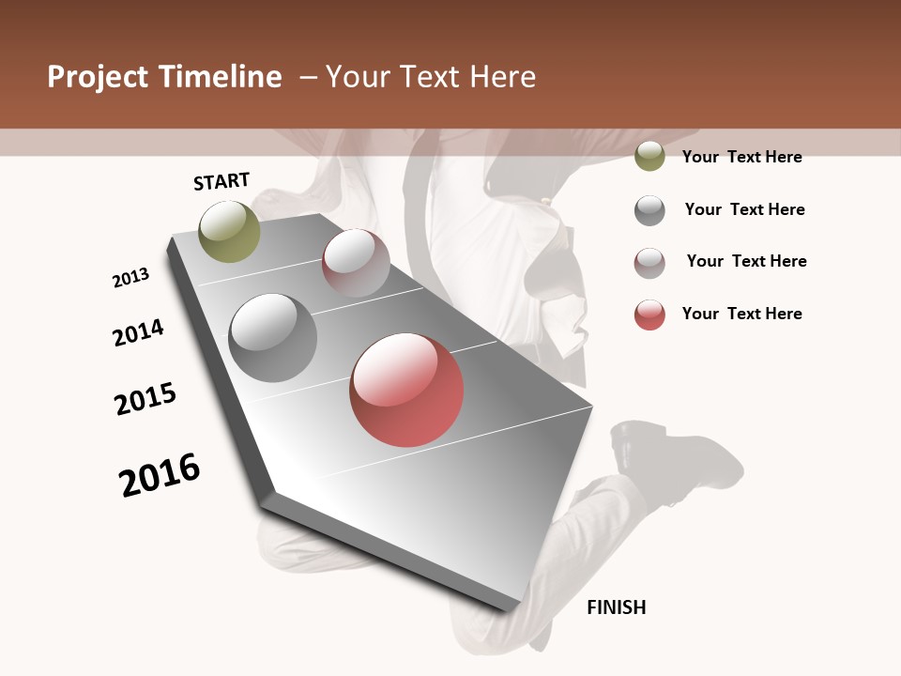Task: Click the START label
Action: click(221, 181)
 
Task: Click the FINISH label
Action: click(616, 607)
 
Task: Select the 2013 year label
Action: click(130, 278)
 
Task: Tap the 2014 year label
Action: click(138, 333)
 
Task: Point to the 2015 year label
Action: click(145, 399)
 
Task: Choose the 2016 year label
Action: click(160, 475)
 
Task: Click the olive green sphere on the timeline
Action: click(229, 231)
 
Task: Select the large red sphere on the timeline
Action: click(406, 390)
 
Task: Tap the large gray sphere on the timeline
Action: click(272, 338)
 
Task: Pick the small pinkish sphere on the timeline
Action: click(356, 263)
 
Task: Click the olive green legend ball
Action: click(649, 157)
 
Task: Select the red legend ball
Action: click(649, 315)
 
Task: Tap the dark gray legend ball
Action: click(649, 210)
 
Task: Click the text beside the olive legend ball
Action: click(741, 157)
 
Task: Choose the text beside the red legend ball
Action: click(741, 314)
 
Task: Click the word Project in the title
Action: click(98, 77)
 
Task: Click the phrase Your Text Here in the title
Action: click(431, 77)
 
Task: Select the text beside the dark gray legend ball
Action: click(744, 209)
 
